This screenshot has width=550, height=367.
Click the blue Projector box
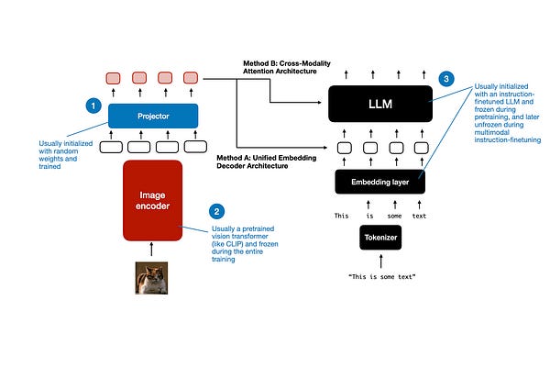click(152, 116)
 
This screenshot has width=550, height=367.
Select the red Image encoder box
click(152, 201)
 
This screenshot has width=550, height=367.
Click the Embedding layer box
click(379, 183)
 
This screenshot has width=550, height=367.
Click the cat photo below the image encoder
click(152, 279)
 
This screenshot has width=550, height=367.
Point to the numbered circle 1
click(92, 106)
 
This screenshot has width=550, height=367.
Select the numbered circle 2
click(216, 210)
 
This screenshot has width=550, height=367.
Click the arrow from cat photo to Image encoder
click(152, 251)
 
